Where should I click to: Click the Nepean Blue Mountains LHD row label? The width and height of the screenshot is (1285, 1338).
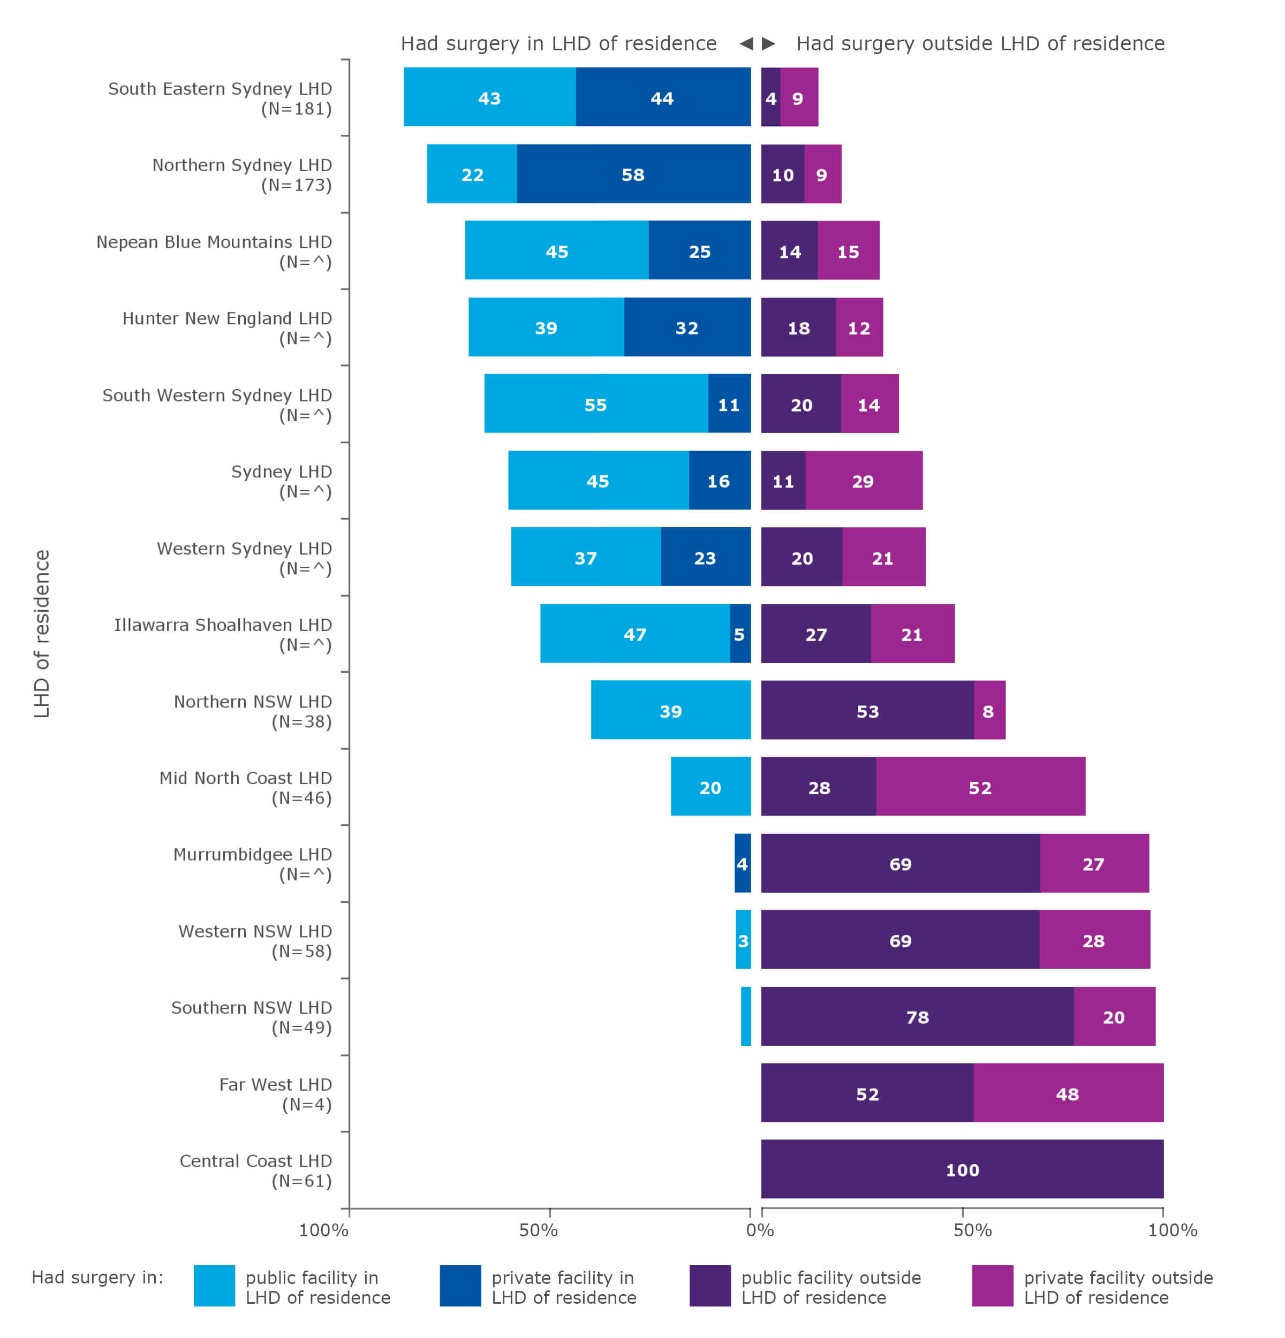pyautogui.click(x=214, y=251)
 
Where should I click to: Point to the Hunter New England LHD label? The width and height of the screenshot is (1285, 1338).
pyautogui.click(x=226, y=328)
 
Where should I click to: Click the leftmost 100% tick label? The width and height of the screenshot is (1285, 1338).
pyautogui.click(x=323, y=1229)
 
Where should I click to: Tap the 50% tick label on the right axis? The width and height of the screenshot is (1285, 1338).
pyautogui.click(x=972, y=1229)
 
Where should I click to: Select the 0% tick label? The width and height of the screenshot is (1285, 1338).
pyautogui.click(x=759, y=1229)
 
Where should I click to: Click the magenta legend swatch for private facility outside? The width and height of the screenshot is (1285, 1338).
pyautogui.click(x=992, y=1285)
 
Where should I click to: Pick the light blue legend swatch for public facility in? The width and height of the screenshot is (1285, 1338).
pyautogui.click(x=214, y=1285)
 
